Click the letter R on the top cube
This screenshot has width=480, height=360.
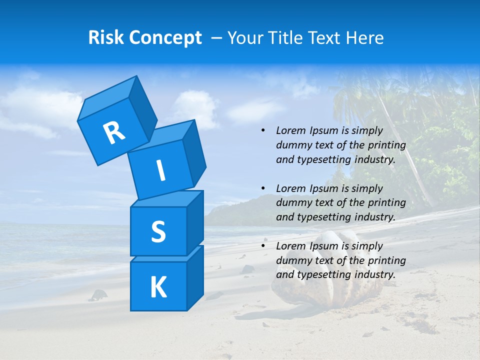pyautogui.click(x=114, y=132)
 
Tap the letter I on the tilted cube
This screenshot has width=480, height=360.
pyautogui.click(x=161, y=170)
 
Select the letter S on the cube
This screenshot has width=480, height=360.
pyautogui.click(x=158, y=232)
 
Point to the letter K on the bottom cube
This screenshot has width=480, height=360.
pyautogui.click(x=158, y=287)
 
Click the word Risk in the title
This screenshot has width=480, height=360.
pyautogui.click(x=106, y=38)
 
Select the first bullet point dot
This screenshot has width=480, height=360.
pyautogui.click(x=263, y=131)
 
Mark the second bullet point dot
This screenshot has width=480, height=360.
pyautogui.click(x=263, y=189)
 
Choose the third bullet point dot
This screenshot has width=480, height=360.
pyautogui.click(x=263, y=246)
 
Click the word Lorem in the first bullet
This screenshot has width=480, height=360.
pyautogui.click(x=290, y=131)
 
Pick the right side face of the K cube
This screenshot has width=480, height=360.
pyautogui.click(x=195, y=277)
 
